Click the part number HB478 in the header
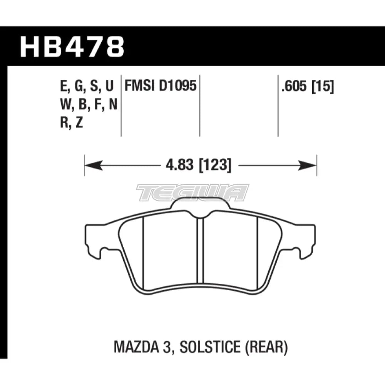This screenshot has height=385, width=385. coord(72,47)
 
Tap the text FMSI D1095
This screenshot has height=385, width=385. coord(161,86)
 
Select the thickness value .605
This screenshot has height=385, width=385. coord(295,86)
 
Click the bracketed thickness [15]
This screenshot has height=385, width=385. coord(323,86)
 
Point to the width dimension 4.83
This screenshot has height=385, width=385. coord(180,165)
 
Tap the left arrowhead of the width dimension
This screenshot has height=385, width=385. coord(93,165)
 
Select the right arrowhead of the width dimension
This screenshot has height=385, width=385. coord(307,165)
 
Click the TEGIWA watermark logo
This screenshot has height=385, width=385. coord(193,192)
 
